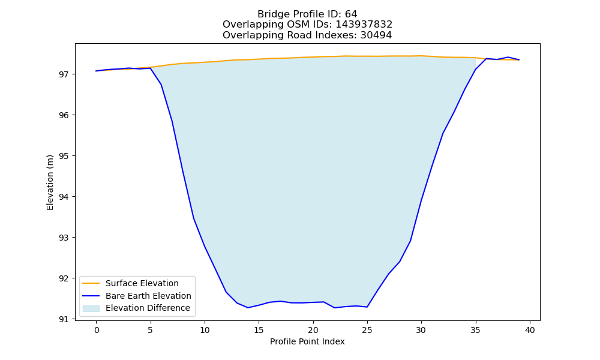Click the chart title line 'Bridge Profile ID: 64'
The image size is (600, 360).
point(307,14)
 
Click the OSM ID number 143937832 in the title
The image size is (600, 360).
point(364,25)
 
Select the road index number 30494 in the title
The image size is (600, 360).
point(376,35)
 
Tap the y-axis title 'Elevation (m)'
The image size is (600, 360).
point(50,182)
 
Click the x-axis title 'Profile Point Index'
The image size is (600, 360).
point(307,341)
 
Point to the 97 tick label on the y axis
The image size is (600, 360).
point(64,74)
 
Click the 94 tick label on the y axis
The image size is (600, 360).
point(64,197)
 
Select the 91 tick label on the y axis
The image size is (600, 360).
point(64,319)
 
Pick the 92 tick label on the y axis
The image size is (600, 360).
point(64,278)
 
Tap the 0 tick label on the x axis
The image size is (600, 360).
point(97,330)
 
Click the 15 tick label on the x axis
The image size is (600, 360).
point(259,330)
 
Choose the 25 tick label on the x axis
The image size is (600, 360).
point(367,330)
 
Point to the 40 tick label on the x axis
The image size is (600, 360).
point(530,330)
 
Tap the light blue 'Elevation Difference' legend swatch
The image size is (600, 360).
point(91,308)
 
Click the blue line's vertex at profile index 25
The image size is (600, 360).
point(367,307)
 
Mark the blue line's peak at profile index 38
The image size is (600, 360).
point(508,57)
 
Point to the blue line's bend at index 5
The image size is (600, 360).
point(151,68)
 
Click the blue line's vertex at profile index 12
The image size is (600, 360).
point(226,292)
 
